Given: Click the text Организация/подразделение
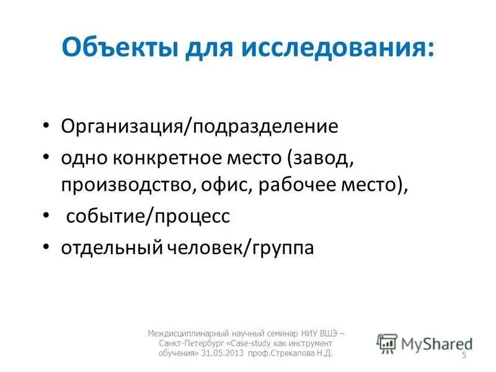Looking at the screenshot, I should click(x=200, y=127).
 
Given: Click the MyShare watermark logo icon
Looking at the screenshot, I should click(x=387, y=342).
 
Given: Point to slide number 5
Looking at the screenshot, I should click(x=464, y=355).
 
